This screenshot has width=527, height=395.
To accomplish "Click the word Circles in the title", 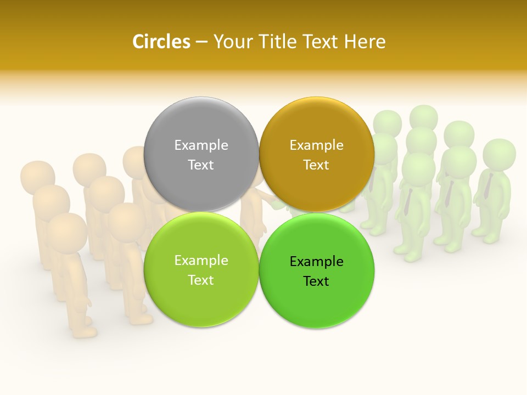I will tap(161, 42).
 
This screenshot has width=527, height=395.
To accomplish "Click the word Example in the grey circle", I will tap(201, 145).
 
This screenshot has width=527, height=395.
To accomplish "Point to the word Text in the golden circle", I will tap(316, 165).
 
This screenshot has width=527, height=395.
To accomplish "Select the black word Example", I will tap(316, 261).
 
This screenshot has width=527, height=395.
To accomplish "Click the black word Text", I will tap(316, 281).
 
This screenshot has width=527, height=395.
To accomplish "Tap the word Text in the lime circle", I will tap(201, 280).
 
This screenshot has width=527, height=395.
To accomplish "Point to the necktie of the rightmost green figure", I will tap(487, 187).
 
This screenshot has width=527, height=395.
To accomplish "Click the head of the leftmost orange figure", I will tap(37, 176).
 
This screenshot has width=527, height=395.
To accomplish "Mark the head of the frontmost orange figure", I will tap(66, 230).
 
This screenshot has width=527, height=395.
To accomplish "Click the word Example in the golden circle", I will tap(316, 145).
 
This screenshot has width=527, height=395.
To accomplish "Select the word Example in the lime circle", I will tap(201, 260).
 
